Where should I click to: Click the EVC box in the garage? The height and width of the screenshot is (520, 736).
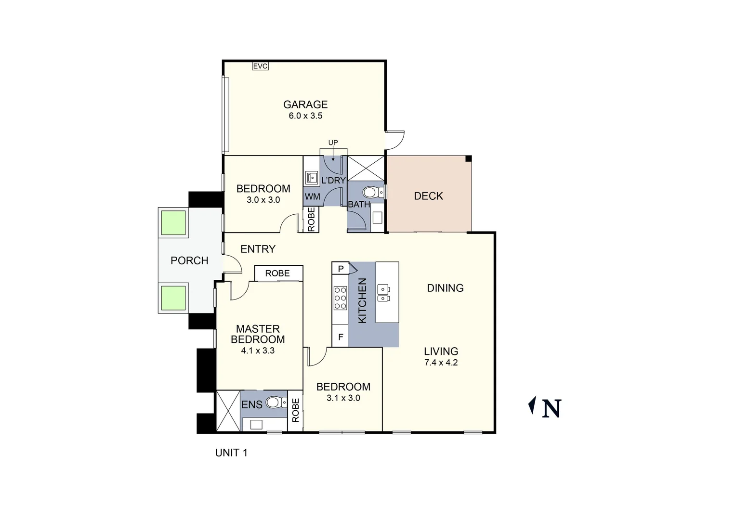(x=260, y=66)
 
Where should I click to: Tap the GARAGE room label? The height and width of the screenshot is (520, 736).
(x=305, y=104)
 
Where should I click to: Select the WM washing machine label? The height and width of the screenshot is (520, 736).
(x=312, y=197)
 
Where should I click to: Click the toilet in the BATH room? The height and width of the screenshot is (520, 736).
(x=371, y=193)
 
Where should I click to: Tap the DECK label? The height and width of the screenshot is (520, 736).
(x=428, y=196)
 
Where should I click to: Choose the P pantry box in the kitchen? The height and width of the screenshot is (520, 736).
(x=340, y=269)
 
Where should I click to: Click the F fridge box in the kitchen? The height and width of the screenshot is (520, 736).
(x=340, y=337)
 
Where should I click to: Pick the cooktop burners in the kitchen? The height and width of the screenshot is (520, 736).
(x=340, y=298)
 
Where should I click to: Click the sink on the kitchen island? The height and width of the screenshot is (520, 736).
(x=384, y=293)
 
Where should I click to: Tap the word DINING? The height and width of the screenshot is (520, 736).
(x=445, y=288)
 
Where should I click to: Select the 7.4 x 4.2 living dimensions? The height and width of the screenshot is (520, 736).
(x=441, y=363)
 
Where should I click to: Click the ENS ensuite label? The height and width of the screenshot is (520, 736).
(x=252, y=405)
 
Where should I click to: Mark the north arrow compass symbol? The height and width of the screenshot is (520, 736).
(x=532, y=406)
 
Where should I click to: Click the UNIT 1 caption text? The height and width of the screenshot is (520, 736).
(x=231, y=453)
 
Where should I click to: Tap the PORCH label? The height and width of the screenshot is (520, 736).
(x=189, y=260)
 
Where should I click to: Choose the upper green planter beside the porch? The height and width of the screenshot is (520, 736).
(x=173, y=222)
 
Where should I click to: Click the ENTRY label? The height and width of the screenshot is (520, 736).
(x=258, y=249)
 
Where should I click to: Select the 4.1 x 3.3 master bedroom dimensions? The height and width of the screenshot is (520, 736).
(x=258, y=351)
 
